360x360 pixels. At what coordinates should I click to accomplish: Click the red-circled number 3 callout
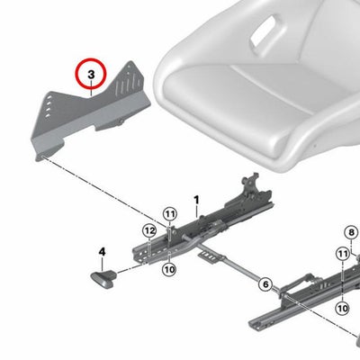[91, 74]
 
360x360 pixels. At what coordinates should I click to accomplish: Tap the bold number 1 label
[196, 200]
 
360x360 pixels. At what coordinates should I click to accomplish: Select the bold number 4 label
[103, 252]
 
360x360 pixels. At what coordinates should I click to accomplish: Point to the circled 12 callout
[149, 231]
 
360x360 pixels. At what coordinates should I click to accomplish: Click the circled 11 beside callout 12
[170, 214]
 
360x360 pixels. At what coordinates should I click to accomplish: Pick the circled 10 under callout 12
[169, 269]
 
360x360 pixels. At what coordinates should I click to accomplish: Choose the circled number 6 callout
[265, 283]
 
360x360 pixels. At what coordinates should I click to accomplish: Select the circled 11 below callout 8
[343, 255]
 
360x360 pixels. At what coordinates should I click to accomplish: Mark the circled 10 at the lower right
[343, 308]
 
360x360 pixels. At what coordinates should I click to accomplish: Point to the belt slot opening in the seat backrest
[264, 32]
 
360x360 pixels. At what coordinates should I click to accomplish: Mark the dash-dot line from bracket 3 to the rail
[104, 192]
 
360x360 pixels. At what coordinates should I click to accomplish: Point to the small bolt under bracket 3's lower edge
[121, 121]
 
